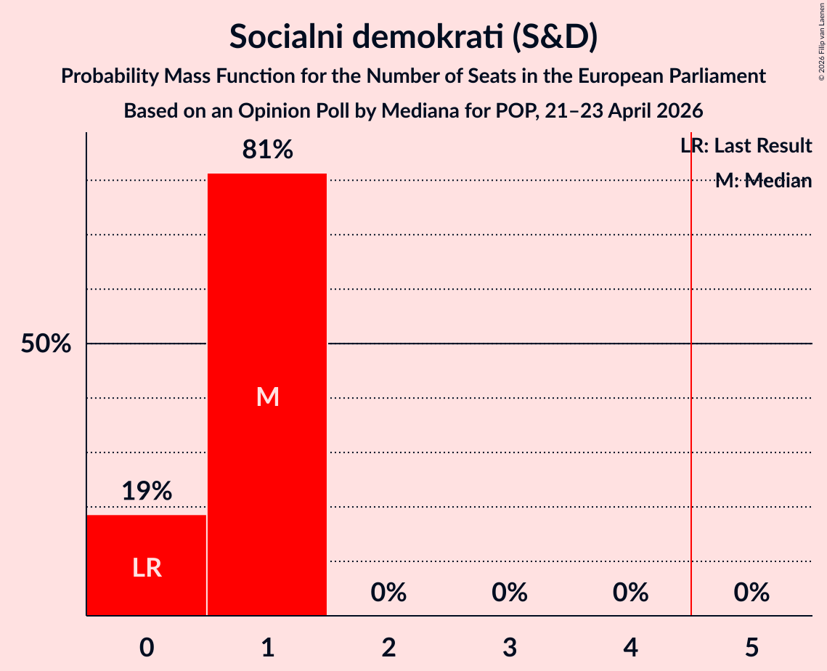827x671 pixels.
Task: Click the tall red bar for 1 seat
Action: (267, 394)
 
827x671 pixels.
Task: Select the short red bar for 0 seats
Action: (147, 565)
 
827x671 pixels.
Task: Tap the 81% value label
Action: (267, 150)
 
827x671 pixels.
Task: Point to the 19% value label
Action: (147, 491)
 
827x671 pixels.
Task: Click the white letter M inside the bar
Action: (267, 396)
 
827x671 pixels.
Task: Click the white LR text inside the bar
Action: (147, 568)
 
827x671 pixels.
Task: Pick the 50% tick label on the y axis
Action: (46, 344)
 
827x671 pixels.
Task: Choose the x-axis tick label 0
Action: (147, 648)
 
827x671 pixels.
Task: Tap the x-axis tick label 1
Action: (268, 648)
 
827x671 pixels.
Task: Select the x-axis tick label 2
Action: (388, 648)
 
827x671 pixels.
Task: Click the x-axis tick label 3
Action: (510, 648)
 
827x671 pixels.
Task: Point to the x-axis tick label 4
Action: (631, 648)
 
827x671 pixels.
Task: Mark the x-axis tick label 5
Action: (751, 648)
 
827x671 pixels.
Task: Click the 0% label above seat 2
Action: (388, 593)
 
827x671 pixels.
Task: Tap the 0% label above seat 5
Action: (751, 593)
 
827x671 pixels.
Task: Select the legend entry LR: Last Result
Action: (746, 145)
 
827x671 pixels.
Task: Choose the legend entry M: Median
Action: (764, 181)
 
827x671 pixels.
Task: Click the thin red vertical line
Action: (691, 373)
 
